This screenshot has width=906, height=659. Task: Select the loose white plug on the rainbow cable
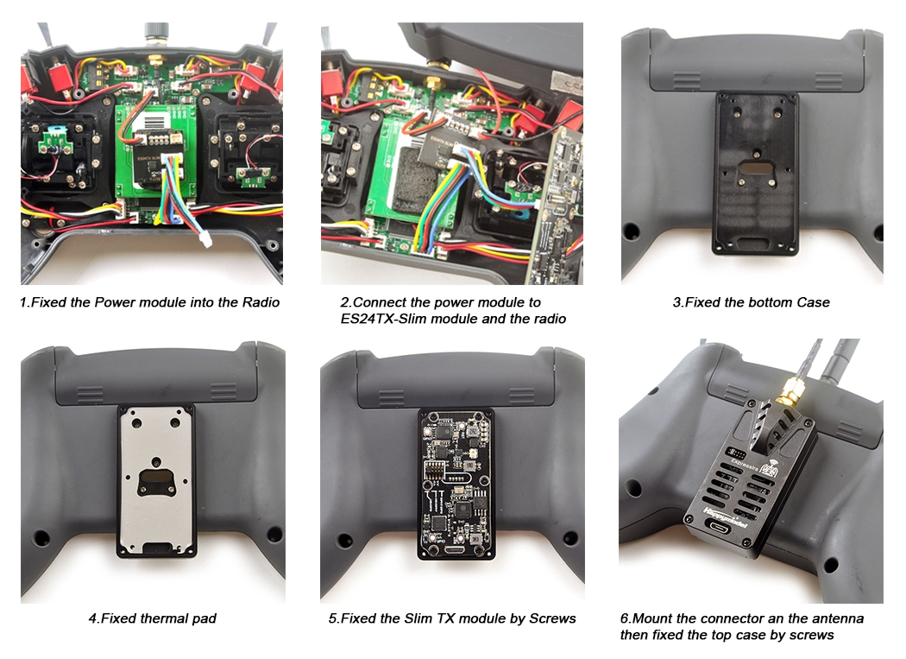click(x=204, y=239)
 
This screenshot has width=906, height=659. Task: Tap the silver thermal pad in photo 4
click(x=156, y=479)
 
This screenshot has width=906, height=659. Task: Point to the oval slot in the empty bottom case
click(x=756, y=168)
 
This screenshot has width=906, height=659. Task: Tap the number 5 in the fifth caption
click(x=333, y=618)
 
